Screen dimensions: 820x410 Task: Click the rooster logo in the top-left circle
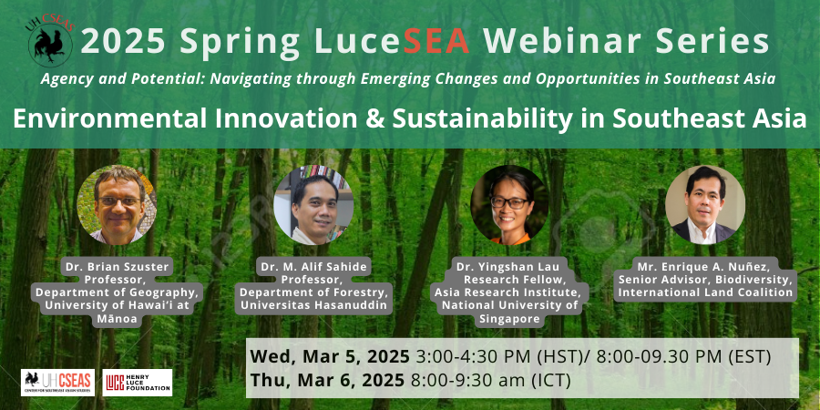(x=50, y=44)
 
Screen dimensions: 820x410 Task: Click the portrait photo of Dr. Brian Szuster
(x=117, y=204)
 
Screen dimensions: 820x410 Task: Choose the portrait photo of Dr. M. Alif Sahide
(x=313, y=204)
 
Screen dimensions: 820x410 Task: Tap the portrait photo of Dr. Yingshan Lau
(x=509, y=204)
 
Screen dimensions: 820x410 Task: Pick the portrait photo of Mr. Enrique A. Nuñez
(x=706, y=204)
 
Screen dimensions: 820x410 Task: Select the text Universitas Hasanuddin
(x=313, y=305)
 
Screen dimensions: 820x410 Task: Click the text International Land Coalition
(x=706, y=292)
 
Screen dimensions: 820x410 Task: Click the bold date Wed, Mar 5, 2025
(x=330, y=356)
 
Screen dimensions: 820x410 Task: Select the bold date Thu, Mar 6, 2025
(x=327, y=380)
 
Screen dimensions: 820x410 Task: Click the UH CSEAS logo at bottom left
(x=57, y=383)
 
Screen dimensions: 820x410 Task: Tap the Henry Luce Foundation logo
(x=138, y=383)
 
